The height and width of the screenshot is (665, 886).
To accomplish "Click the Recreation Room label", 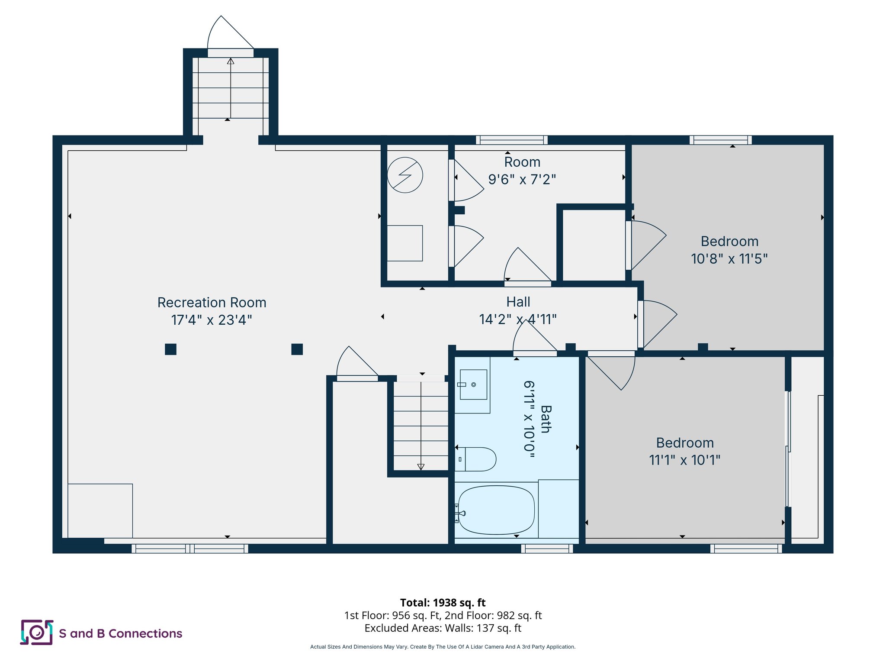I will [x=212, y=302].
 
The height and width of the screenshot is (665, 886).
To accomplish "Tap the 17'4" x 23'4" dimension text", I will [x=212, y=320].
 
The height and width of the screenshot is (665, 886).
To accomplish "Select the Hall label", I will [x=518, y=302].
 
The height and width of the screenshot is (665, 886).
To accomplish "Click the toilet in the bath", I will [x=476, y=459].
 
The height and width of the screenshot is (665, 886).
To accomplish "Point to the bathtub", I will [x=496, y=510].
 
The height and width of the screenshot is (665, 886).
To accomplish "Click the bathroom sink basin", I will [x=473, y=384].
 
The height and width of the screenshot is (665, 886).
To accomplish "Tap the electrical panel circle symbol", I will [x=405, y=175].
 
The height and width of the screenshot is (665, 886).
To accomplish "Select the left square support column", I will [x=170, y=349].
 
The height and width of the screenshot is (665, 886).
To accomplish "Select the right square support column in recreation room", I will [x=297, y=349].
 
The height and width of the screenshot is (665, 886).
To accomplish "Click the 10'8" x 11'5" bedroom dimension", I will [x=729, y=259].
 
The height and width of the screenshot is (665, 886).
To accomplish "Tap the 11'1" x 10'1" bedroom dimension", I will [x=684, y=460].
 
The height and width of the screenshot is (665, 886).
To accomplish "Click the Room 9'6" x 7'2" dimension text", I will [x=522, y=179].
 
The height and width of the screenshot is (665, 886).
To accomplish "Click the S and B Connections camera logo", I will [x=37, y=633].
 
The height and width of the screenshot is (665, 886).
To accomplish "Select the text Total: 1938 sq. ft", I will [x=443, y=602].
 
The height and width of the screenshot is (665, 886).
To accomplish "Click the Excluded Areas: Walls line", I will [x=443, y=628].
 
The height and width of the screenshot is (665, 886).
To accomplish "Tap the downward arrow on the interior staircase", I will [x=421, y=466].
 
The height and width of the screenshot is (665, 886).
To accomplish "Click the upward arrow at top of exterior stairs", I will [x=231, y=61].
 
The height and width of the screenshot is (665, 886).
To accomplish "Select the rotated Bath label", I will [x=546, y=419].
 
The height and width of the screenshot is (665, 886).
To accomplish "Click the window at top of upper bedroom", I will [x=720, y=140].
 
